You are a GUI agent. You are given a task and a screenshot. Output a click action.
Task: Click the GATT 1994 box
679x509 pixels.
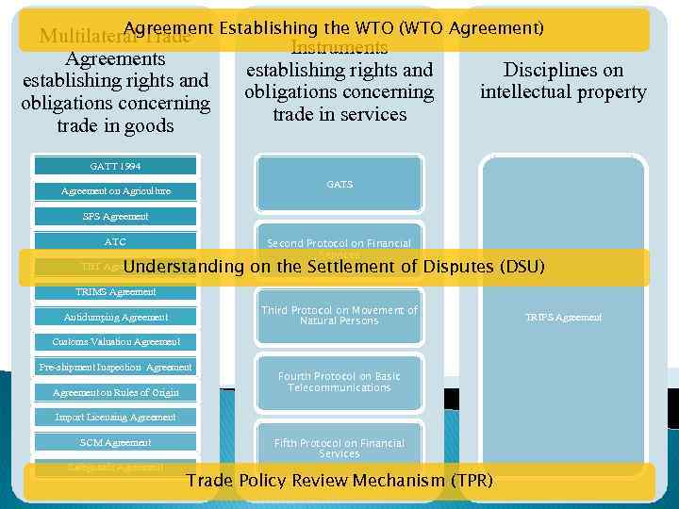tap(116, 166)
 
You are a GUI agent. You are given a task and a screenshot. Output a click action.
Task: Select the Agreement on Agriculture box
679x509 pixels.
tap(116, 191)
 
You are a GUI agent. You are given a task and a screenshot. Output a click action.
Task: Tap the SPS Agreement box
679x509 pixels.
tap(116, 216)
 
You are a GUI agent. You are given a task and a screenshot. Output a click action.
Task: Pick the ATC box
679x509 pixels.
tap(116, 241)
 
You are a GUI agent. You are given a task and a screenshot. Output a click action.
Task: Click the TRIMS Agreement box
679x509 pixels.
tap(116, 291)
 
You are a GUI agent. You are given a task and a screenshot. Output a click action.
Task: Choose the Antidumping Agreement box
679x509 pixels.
tap(116, 317)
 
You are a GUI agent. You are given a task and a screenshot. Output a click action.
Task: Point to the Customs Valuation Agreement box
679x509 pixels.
tap(116, 341)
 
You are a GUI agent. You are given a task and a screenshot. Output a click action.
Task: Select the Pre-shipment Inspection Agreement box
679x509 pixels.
tap(116, 367)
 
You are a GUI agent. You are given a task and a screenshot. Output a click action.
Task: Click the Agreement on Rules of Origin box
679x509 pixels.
tap(116, 392)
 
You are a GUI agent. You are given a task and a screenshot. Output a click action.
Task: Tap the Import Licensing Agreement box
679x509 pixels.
tap(116, 417)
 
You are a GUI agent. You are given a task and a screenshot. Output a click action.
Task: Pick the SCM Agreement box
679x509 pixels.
tap(116, 442)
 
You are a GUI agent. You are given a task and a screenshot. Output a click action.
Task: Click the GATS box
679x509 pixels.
tap(339, 185)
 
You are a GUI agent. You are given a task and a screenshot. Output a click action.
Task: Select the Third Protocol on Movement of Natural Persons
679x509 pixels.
tap(339, 316)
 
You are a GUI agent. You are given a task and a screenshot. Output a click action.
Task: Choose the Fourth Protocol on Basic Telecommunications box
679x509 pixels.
tap(339, 382)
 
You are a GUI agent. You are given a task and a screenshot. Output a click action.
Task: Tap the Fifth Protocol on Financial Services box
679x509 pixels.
tap(339, 448)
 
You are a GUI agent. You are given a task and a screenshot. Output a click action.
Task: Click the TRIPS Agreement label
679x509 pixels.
tap(563, 318)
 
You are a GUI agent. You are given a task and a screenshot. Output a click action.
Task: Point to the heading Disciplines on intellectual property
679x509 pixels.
tap(563, 81)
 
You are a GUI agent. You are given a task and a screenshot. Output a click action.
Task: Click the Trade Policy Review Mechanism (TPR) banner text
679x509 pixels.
tap(339, 481)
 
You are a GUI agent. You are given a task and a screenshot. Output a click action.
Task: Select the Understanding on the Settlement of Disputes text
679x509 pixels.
tap(334, 267)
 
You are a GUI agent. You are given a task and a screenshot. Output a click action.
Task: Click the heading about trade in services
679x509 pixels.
tap(339, 92)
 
